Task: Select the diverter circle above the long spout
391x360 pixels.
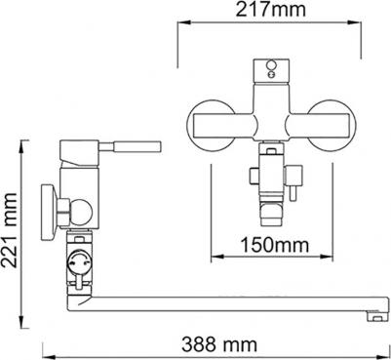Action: (82, 261)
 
